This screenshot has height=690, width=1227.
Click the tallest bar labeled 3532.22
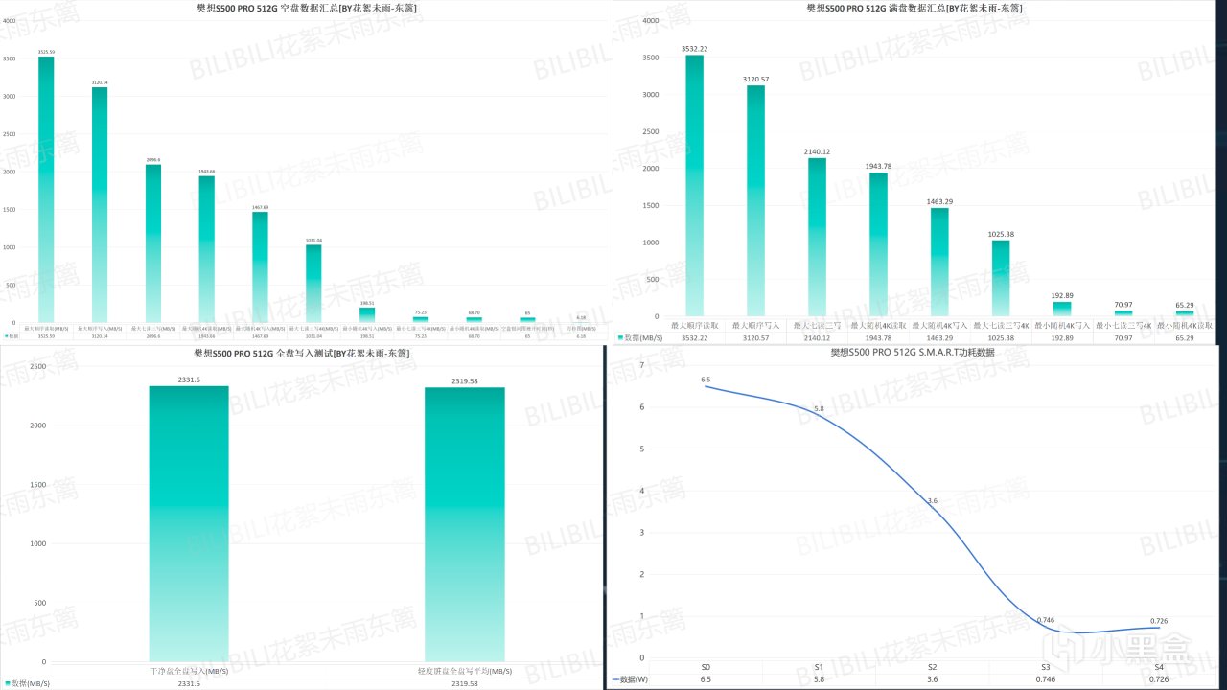pyautogui.click(x=694, y=182)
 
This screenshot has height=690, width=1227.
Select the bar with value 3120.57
pyautogui.click(x=755, y=201)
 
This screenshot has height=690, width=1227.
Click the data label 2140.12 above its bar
pyautogui.click(x=817, y=151)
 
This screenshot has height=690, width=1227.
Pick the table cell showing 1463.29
pyautogui.click(x=939, y=338)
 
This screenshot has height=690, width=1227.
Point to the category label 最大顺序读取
pyautogui.click(x=694, y=326)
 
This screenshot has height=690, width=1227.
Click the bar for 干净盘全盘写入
pyautogui.click(x=189, y=522)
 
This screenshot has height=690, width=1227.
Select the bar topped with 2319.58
pyautogui.click(x=465, y=522)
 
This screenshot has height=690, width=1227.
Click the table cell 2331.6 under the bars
pyautogui.click(x=189, y=683)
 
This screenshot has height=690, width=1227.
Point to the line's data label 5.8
pyautogui.click(x=819, y=409)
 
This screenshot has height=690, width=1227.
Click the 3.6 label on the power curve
pyautogui.click(x=932, y=501)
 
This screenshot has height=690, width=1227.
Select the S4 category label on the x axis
pyautogui.click(x=1159, y=666)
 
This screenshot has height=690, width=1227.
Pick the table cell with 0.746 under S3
pyautogui.click(x=1046, y=679)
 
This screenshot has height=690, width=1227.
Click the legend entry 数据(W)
pyautogui.click(x=632, y=679)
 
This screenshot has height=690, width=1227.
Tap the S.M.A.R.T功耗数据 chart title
pyautogui.click(x=912, y=353)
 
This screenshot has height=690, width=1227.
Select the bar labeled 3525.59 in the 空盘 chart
pyautogui.click(x=46, y=187)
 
